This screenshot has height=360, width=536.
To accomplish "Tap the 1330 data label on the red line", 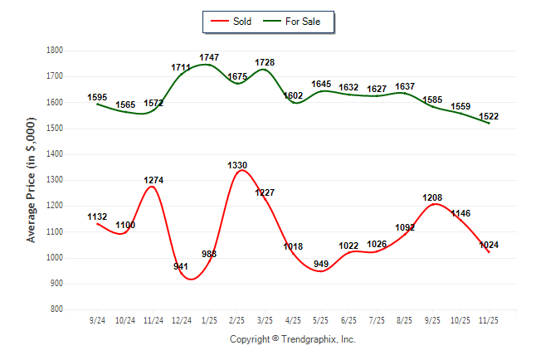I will [237, 166].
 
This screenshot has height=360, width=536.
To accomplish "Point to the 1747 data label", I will [209, 58].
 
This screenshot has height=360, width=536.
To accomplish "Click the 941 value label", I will [182, 266].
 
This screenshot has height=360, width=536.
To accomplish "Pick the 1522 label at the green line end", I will [489, 116].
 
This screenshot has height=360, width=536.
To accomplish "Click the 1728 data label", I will [265, 63].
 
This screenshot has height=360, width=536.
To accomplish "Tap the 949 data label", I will [321, 265].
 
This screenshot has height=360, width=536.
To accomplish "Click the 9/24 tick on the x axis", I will [97, 320].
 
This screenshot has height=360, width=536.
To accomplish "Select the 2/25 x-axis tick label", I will [237, 320].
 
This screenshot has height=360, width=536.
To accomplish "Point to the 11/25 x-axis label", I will [489, 320].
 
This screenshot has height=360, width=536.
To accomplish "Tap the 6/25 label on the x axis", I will [349, 320].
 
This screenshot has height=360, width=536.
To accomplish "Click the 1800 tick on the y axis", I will [55, 51].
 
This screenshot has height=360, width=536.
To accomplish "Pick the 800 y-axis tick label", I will [57, 309].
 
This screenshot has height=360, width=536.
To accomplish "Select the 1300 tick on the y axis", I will [55, 180].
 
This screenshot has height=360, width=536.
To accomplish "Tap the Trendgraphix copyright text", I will [292, 340].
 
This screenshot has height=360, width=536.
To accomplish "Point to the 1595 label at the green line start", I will [97, 98].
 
